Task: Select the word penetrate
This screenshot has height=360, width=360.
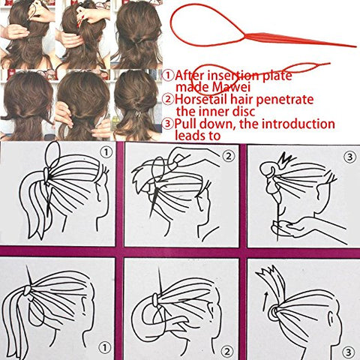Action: point(284,100)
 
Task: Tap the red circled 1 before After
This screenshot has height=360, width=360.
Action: point(167,76)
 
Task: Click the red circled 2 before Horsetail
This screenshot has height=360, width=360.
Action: point(168,100)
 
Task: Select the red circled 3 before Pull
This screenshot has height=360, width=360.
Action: point(168,124)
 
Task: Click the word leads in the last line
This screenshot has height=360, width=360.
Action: point(189,136)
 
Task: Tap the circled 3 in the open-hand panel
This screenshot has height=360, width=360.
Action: point(349,157)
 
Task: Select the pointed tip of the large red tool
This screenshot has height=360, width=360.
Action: point(356,46)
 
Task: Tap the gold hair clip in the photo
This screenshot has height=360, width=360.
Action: point(138,114)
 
